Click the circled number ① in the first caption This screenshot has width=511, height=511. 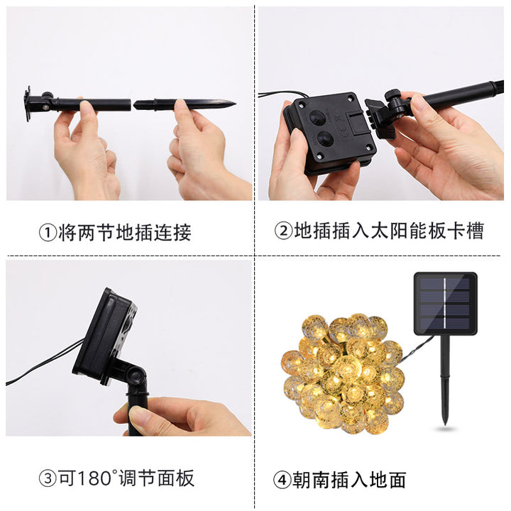point(48,233)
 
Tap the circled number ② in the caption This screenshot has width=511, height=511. point(283,231)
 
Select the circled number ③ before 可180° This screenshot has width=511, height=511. point(48,478)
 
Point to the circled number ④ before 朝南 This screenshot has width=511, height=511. point(282,480)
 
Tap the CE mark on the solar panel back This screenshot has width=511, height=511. point(344,125)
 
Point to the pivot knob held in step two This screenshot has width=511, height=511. point(393,96)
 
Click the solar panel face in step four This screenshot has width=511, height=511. point(445,303)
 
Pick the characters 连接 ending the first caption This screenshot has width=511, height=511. point(172,233)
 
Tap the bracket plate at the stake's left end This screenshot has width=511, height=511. point(28,104)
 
